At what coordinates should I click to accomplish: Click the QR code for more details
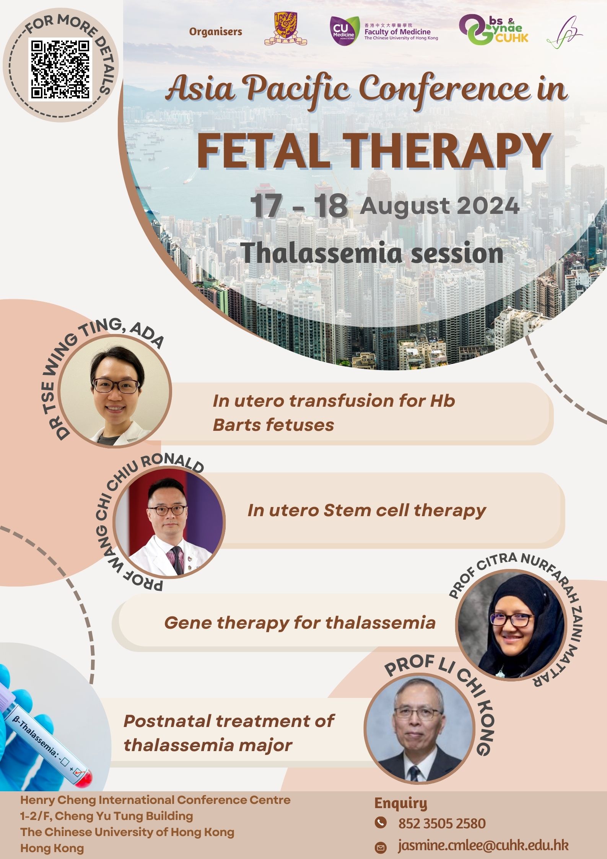[x=60, y=69]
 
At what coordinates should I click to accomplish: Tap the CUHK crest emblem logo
[x=286, y=29]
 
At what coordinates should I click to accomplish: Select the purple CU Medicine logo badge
[x=343, y=31]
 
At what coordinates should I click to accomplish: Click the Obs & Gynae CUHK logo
[x=494, y=29]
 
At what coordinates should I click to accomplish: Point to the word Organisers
[x=216, y=32]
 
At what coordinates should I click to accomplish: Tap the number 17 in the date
[x=266, y=207]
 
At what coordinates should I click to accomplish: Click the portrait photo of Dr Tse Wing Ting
[x=115, y=391]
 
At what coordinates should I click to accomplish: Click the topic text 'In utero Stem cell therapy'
[x=366, y=510]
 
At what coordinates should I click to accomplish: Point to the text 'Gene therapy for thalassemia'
[x=300, y=623]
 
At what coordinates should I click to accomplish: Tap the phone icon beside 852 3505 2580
[x=380, y=822]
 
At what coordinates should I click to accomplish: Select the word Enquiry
[x=401, y=803]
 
